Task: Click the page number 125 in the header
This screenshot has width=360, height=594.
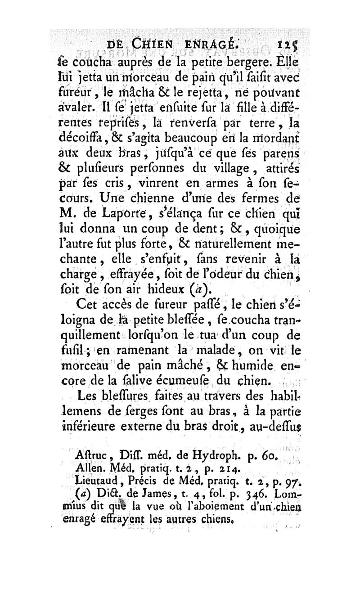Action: pos(288,45)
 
